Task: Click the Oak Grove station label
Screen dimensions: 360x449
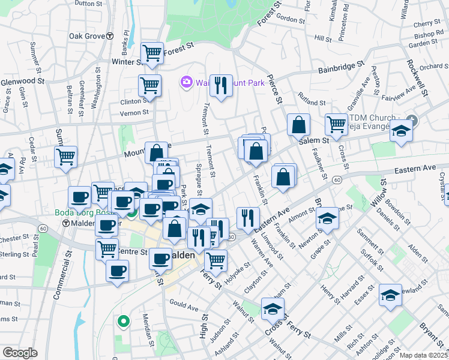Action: pos(87,36)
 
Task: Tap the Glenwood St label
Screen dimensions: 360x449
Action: pos(22,81)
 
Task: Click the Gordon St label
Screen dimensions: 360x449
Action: pos(291,19)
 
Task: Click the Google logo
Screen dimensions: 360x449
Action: pos(20,353)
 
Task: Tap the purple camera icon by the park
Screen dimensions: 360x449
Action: pos(186,82)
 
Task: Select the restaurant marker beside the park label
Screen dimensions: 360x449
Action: pos(221,86)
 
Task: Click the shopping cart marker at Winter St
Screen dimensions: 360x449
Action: pos(152,53)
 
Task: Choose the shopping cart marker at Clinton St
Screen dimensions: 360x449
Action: pos(149,85)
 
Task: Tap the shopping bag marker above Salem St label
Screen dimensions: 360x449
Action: pos(298,125)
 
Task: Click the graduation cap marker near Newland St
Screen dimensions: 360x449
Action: pos(390,295)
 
